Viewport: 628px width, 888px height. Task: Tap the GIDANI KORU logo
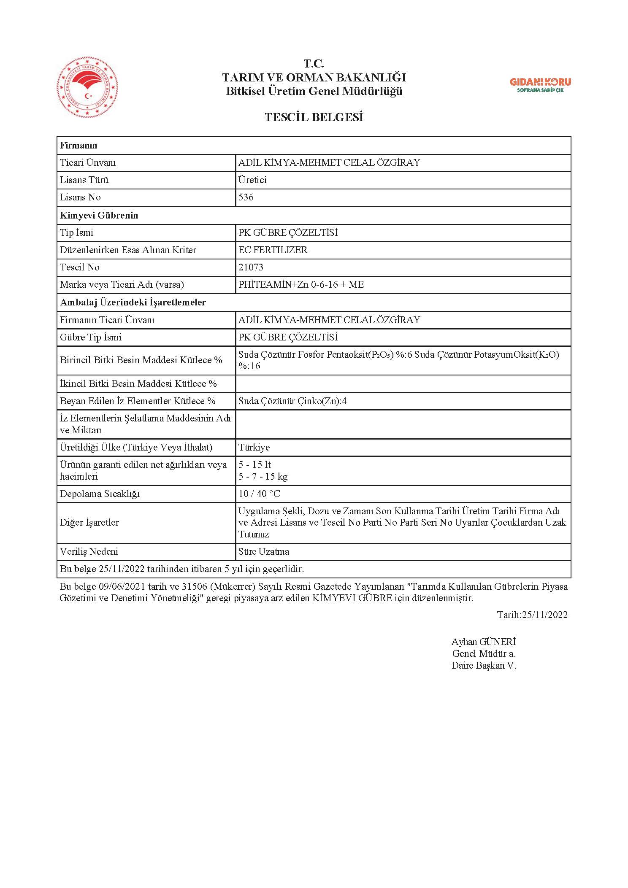pos(540,84)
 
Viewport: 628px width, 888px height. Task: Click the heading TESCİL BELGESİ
pos(314,117)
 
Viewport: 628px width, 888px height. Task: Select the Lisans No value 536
pos(246,197)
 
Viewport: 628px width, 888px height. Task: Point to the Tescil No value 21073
pos(251,267)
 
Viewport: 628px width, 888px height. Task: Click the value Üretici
pos(252,180)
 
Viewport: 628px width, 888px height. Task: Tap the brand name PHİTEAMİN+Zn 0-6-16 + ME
pos(301,284)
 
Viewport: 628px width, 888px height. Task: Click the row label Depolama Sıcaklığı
pos(100,494)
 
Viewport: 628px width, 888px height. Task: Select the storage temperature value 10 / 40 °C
pos(259,494)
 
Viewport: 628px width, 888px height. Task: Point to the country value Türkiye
pos(254,447)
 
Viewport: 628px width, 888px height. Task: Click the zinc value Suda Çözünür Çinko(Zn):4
pos(292,401)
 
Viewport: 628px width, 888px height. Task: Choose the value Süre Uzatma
pos(264,551)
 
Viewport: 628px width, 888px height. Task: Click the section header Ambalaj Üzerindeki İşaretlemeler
pos(133,302)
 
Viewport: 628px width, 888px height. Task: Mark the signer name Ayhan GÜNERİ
pos(484,642)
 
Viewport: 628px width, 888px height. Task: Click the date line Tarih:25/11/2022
pos(532,614)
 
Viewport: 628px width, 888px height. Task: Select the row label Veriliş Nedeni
pos(89,551)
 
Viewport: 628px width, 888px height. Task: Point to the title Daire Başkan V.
pos(484,665)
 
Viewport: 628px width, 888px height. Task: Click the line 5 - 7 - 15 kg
pos(263,477)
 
